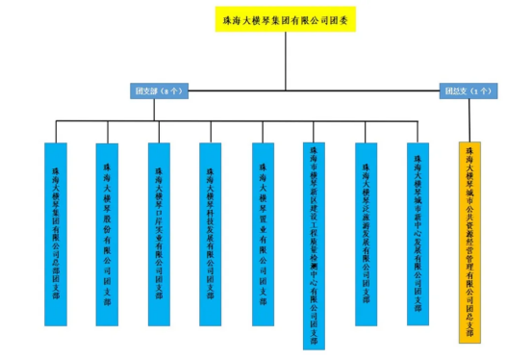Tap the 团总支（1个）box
(468, 90)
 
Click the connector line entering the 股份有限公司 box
(109, 131)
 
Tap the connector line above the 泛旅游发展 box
(367, 131)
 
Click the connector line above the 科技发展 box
(213, 131)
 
